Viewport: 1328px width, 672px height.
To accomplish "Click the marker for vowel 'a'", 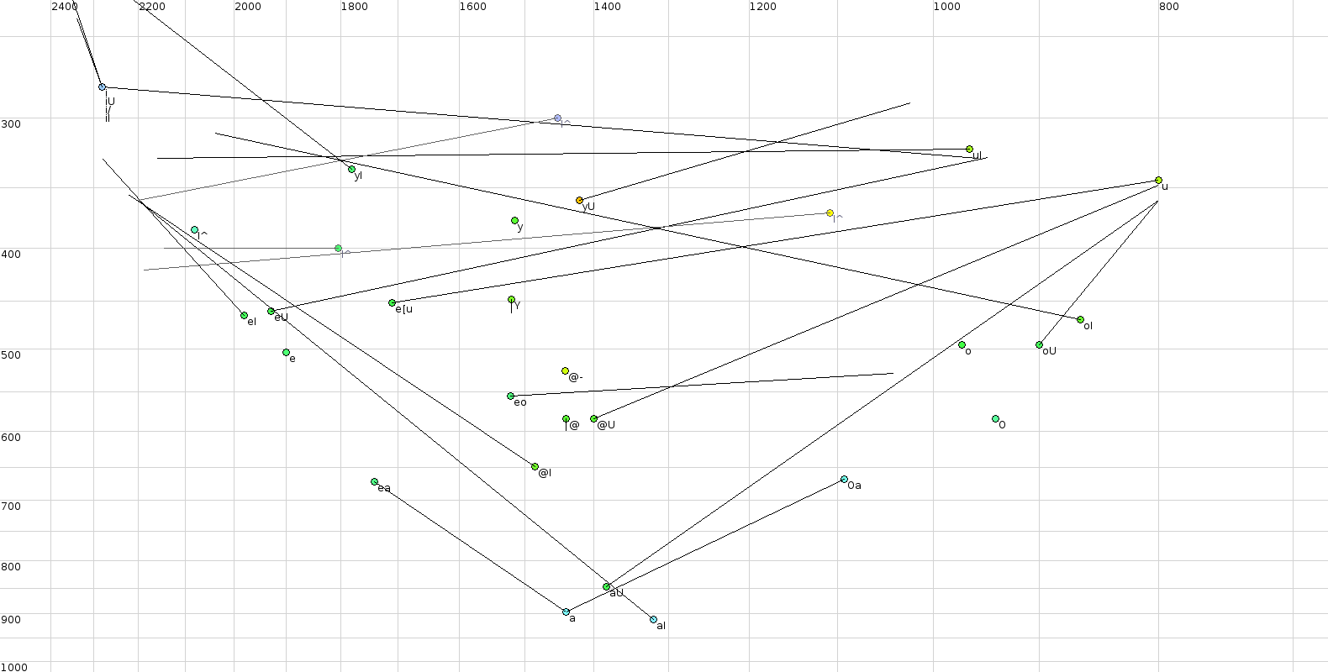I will [x=566, y=612].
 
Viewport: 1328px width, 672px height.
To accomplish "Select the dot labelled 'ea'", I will [x=374, y=481].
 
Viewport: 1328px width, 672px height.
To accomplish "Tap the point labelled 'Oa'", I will [x=844, y=479].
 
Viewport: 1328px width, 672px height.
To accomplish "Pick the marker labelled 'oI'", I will [x=1080, y=319].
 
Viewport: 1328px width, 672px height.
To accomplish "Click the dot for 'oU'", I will [x=1039, y=344].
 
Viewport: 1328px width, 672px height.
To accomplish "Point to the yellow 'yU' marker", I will [x=579, y=200].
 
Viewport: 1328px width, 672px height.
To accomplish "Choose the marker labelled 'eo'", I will [x=510, y=396].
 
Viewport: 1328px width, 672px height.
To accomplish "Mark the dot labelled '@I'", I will [x=535, y=466].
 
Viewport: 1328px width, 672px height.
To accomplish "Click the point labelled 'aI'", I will [x=653, y=619].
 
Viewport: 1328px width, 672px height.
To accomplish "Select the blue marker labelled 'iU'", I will [x=102, y=87].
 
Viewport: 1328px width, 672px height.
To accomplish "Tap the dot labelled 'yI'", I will [x=351, y=169].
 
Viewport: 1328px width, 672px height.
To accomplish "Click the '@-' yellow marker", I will [x=565, y=370].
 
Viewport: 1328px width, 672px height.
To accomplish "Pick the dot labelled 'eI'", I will [x=244, y=315].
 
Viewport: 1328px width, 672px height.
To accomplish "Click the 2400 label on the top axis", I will [x=65, y=7].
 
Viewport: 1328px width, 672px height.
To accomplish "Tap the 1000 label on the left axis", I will [x=14, y=667].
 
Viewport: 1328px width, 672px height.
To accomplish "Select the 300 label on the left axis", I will [x=11, y=123].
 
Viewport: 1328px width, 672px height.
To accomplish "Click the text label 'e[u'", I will [x=404, y=309].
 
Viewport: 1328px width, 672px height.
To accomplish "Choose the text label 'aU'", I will [x=616, y=593].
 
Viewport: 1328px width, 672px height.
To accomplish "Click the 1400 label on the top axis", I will [x=608, y=7].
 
